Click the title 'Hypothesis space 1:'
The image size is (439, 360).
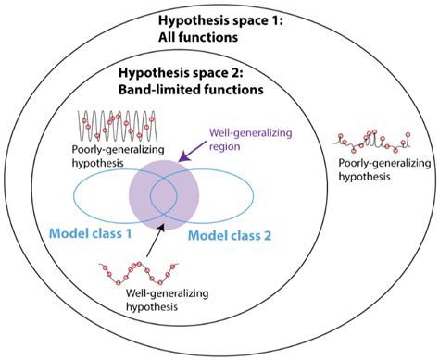coord(220,21)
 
